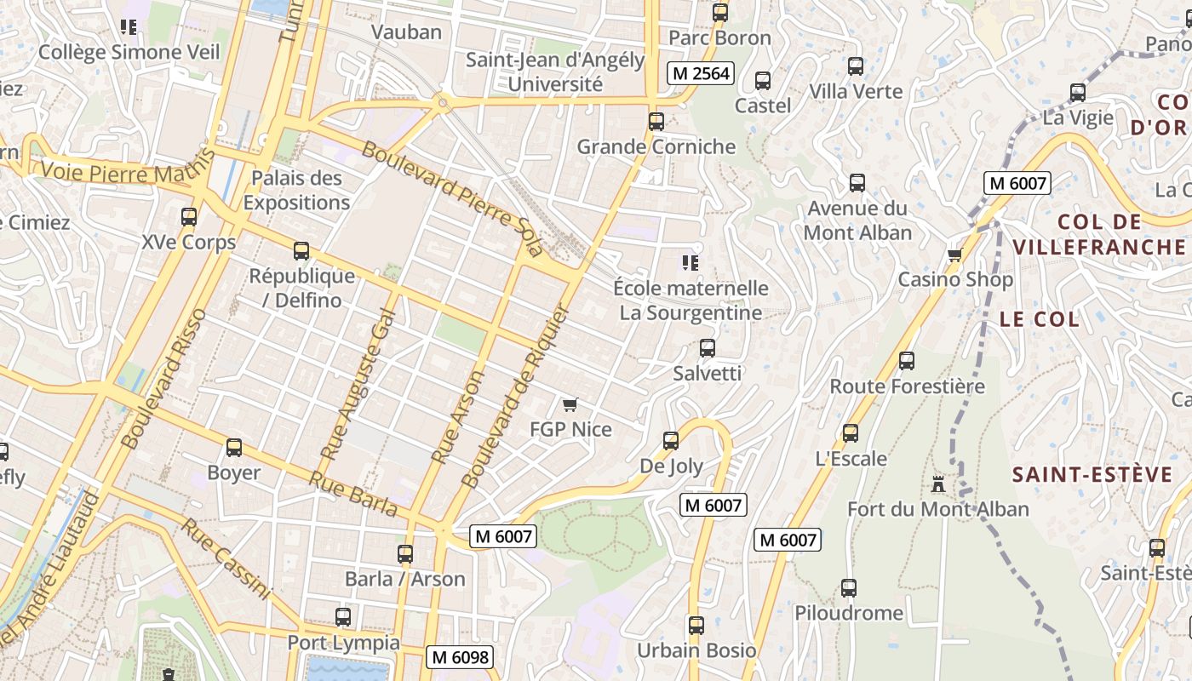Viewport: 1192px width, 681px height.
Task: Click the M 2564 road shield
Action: tap(700, 73)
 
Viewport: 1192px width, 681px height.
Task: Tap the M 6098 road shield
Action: tap(460, 657)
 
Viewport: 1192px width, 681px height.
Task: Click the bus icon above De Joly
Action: tap(671, 440)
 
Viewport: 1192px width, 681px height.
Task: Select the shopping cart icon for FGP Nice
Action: tap(570, 404)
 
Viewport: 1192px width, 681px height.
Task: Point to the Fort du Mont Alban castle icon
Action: tap(938, 484)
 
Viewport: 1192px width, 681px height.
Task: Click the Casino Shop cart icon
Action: tap(955, 255)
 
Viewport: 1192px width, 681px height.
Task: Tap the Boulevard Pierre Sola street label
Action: tap(452, 199)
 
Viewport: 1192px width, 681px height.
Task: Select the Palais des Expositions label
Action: tap(296, 190)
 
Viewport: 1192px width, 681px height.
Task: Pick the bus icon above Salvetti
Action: tap(707, 347)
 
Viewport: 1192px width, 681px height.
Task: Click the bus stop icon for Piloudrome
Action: tap(848, 587)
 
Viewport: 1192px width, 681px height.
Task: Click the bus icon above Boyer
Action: tap(233, 448)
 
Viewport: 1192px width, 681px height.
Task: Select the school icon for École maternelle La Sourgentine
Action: tap(691, 263)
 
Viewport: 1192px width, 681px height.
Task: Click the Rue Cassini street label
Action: tap(225, 558)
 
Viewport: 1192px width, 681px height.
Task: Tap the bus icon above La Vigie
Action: tap(1078, 93)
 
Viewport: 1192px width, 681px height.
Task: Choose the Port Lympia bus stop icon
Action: tap(343, 617)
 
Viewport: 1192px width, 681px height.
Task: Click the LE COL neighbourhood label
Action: tap(1039, 319)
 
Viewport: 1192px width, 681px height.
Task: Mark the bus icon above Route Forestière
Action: tap(907, 361)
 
